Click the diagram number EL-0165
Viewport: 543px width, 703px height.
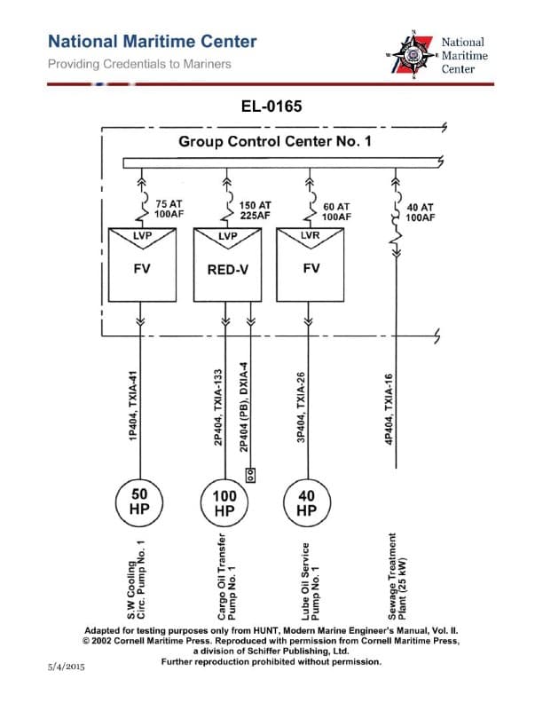tap(271, 107)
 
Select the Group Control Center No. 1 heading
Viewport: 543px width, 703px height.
tap(275, 141)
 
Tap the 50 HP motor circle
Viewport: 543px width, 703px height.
tap(140, 502)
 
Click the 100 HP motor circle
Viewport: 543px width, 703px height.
tap(224, 502)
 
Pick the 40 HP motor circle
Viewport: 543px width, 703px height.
tap(306, 502)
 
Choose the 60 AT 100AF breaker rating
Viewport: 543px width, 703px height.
tap(337, 210)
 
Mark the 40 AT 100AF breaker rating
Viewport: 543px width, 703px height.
tap(421, 211)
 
